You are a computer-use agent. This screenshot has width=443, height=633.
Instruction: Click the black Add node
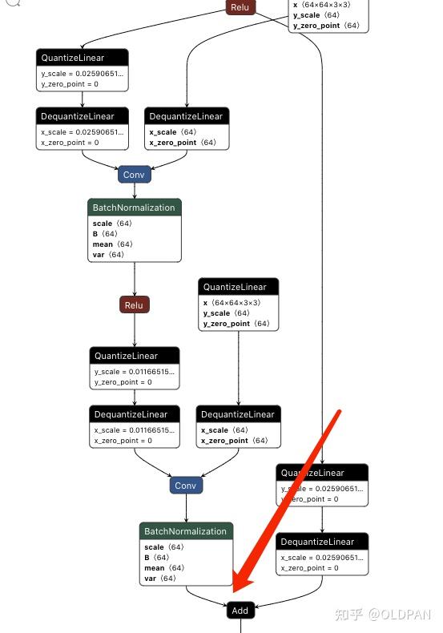point(240,610)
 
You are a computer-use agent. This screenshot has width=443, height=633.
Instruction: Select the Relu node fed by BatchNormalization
point(135,304)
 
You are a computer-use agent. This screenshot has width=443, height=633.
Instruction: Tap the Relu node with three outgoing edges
point(239,7)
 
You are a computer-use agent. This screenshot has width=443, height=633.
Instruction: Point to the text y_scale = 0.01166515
point(134,372)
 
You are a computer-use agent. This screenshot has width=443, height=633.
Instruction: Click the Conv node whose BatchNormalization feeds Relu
point(134,174)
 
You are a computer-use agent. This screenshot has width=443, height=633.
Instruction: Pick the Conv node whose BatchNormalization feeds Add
point(185,486)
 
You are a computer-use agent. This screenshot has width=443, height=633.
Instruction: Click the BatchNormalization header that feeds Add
point(185,531)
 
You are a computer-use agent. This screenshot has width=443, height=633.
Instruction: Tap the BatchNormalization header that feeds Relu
point(134,208)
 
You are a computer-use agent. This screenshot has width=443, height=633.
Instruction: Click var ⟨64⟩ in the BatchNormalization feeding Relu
point(108,255)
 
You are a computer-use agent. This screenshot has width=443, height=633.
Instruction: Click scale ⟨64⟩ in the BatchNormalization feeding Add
point(164,547)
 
